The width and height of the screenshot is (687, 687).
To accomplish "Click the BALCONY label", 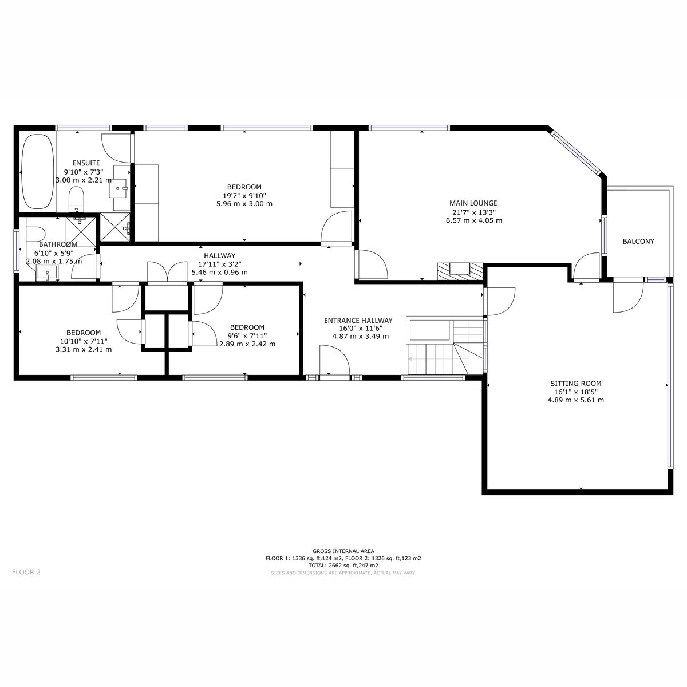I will coord(638,242).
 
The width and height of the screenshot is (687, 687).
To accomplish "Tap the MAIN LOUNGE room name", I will coord(473,203).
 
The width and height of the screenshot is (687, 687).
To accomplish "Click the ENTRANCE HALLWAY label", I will coord(358,321).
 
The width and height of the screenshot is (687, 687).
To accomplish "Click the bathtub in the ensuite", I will coord(38,171).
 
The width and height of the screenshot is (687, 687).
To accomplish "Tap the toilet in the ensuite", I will coord(76,200).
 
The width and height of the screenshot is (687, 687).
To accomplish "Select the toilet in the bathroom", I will coord(36,235).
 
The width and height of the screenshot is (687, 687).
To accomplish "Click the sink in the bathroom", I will coord(46,273).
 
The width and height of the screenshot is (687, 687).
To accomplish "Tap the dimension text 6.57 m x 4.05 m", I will coord(474,220).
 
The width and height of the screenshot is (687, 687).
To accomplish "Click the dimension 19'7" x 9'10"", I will coord(244,195).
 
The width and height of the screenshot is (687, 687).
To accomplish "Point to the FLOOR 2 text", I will coord(26,571).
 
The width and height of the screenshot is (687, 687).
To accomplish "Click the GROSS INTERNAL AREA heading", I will coord(343,551).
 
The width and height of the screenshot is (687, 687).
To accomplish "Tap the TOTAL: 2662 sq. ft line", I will coord(343,565).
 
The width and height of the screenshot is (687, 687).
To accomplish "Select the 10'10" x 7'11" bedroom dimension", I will coord(84,341).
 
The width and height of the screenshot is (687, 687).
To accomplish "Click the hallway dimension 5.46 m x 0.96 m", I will coord(220,273).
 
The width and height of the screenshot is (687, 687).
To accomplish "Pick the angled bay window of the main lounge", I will coord(575,152).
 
